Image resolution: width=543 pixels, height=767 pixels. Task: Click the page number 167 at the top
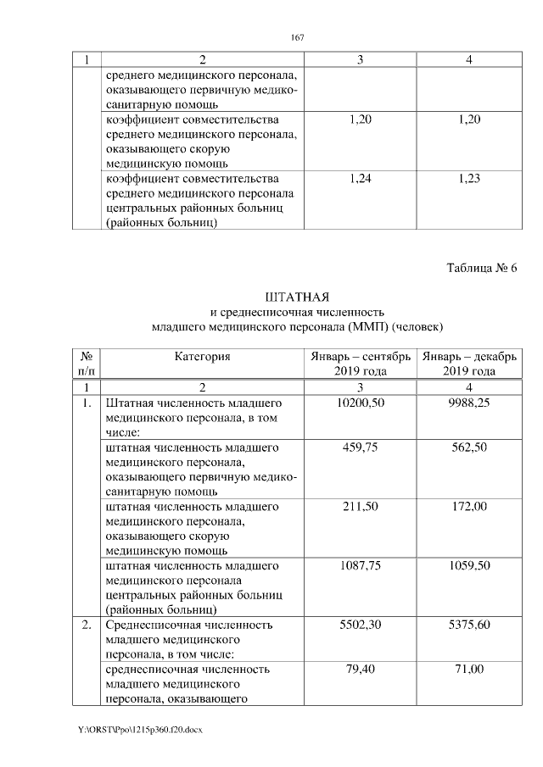pos(297,37)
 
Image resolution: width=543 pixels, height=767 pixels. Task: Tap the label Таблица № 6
pos(481,269)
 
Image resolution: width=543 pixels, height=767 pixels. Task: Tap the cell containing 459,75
pos(361,447)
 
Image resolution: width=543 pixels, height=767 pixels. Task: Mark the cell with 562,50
pos(468,447)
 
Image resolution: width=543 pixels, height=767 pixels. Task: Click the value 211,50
pos(361,506)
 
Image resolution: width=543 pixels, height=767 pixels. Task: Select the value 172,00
pos(468,506)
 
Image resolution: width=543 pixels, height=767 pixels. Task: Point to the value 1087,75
pos(361,564)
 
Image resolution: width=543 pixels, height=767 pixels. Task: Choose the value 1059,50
pos(468,564)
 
